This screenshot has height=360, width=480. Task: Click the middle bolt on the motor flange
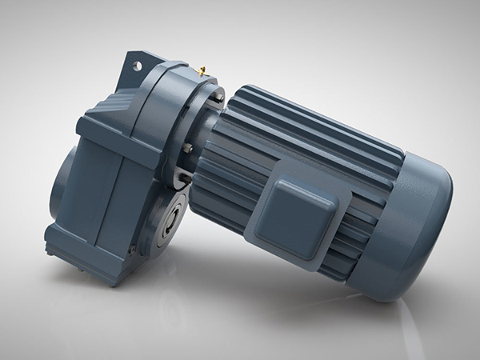coord(185,148)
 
